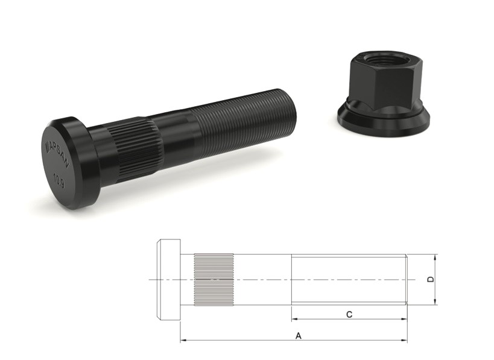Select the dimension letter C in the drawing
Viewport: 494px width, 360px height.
pos(349,314)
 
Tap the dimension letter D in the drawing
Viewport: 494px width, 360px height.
pos(429,279)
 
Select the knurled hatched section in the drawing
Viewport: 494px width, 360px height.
pos(213,279)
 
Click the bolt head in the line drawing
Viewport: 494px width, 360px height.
pos(169,279)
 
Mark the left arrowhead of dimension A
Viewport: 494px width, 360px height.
pos(183,341)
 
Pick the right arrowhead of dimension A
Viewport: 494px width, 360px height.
pos(405,341)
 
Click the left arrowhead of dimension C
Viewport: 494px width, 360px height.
pos(294,318)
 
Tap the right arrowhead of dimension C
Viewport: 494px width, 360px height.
pos(405,318)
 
